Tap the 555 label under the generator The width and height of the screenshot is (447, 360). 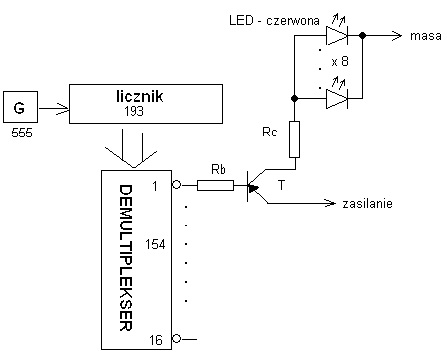click(22, 133)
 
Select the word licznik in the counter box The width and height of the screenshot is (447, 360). click(139, 96)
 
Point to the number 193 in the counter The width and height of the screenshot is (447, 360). click(134, 111)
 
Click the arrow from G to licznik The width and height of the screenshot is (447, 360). click(53, 108)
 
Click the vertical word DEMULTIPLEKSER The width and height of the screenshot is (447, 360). click(126, 258)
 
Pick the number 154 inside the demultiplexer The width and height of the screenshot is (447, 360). click(155, 244)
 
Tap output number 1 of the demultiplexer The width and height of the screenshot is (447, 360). click(155, 187)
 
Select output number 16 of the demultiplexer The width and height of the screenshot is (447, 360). click(156, 340)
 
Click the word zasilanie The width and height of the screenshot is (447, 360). click(368, 203)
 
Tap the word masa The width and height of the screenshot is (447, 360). click(426, 36)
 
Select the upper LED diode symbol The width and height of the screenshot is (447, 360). click(337, 35)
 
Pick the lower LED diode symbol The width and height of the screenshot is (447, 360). click(337, 98)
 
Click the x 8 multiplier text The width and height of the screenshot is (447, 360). click(340, 61)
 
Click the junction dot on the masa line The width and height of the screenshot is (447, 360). click(362, 35)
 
